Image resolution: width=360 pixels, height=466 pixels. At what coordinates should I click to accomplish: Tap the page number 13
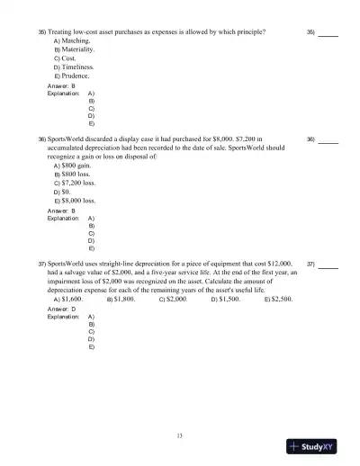coord(180,436)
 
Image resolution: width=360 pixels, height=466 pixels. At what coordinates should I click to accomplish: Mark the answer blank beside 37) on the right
coord(328,265)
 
